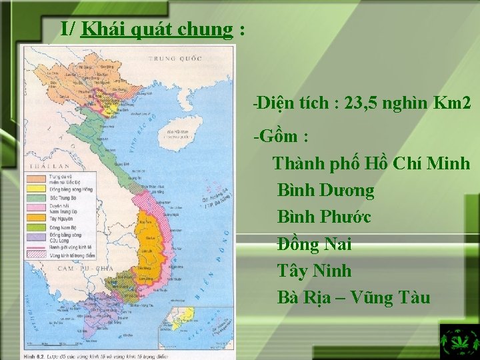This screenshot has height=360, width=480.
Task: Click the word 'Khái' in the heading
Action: pyautogui.click(x=99, y=29)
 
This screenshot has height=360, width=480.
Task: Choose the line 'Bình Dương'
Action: pyautogui.click(x=325, y=191)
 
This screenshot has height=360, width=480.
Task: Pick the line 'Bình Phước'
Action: pyautogui.click(x=323, y=217)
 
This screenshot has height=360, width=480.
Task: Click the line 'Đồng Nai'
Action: pyautogui.click(x=314, y=245)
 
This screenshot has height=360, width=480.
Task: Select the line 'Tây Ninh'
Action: pyautogui.click(x=314, y=271)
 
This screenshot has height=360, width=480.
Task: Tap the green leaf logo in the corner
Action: pyautogui.click(x=459, y=342)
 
